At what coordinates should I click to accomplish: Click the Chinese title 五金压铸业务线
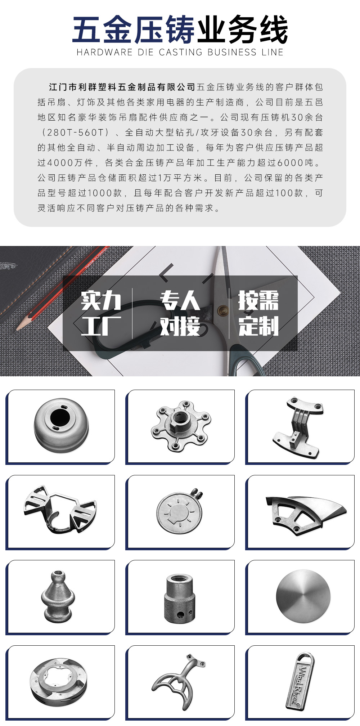(180, 30)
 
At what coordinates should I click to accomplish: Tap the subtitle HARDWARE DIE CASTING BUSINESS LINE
(180, 53)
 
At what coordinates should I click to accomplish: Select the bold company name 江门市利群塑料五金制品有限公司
(122, 87)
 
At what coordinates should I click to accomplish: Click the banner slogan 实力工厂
(101, 313)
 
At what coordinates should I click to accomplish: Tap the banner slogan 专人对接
(180, 313)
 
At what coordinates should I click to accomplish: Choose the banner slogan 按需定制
(258, 313)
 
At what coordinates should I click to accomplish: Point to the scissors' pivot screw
(220, 309)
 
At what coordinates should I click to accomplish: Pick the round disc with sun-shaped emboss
(179, 512)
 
